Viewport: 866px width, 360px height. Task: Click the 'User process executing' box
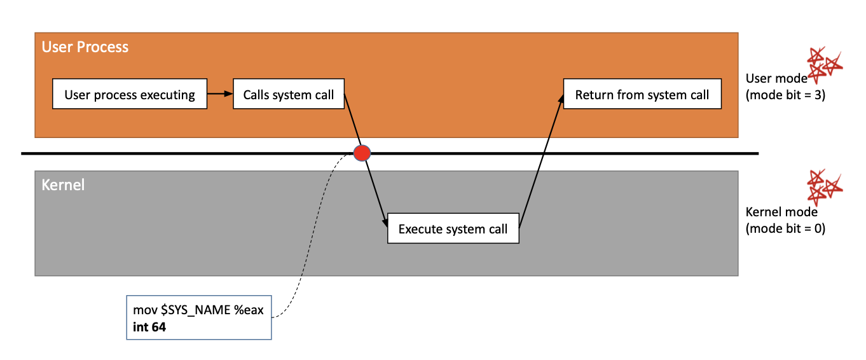click(x=130, y=95)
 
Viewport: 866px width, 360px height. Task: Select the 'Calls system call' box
click(x=288, y=95)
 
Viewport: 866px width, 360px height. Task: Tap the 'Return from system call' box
click(x=642, y=95)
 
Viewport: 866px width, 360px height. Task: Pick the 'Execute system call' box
click(x=453, y=229)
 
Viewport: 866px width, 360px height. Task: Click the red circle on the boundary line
click(x=362, y=153)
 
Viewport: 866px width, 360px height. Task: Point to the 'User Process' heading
click(x=85, y=47)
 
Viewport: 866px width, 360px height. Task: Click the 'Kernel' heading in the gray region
click(x=63, y=185)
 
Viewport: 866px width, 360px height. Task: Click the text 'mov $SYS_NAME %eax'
click(x=198, y=310)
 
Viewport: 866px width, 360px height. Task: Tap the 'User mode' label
click(x=776, y=79)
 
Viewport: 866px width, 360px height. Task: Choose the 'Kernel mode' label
click(x=781, y=212)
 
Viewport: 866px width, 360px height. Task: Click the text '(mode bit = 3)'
click(x=785, y=97)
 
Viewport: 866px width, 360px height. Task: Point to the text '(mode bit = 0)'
click(x=785, y=229)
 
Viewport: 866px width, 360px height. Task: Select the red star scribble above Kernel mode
click(x=824, y=186)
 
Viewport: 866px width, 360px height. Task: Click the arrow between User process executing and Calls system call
click(x=220, y=94)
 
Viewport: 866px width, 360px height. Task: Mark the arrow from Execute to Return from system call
click(x=540, y=159)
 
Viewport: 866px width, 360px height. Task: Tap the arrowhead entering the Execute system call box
click(x=385, y=223)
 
